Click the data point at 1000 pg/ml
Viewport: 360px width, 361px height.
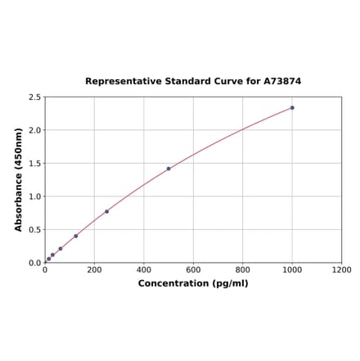click(x=292, y=107)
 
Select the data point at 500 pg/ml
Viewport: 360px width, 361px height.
click(x=169, y=169)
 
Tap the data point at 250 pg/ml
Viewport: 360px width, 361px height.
click(x=106, y=211)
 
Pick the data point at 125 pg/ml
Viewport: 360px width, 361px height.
click(x=76, y=236)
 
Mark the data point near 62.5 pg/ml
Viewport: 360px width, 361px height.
click(x=61, y=249)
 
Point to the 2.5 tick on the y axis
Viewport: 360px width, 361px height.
click(x=35, y=97)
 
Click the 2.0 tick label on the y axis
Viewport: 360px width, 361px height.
click(x=35, y=130)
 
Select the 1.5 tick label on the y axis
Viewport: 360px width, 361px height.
click(x=35, y=164)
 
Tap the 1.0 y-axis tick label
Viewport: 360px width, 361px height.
click(x=35, y=196)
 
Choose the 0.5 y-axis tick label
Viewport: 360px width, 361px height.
click(x=35, y=230)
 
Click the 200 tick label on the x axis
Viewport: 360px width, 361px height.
click(x=94, y=270)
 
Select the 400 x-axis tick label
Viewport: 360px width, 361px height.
click(x=144, y=270)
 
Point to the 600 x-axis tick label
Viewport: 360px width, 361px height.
click(x=193, y=270)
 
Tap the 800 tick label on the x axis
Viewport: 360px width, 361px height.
click(x=243, y=270)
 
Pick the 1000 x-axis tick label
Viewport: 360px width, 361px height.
click(x=292, y=270)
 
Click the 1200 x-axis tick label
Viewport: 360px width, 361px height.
click(x=341, y=270)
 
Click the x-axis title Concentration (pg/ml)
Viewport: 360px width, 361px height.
click(x=193, y=283)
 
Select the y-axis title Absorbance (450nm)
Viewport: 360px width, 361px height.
click(x=19, y=179)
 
